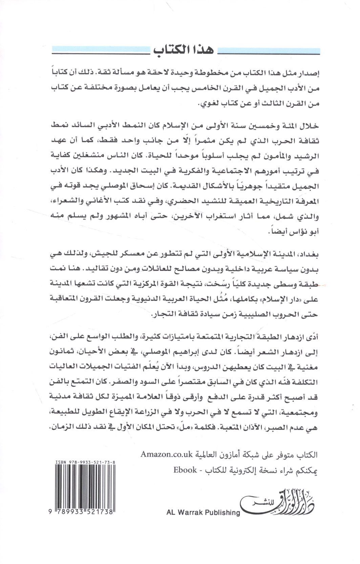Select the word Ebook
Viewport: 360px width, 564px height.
[x=185, y=470]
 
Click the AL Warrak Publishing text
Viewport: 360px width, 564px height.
[x=203, y=512]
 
